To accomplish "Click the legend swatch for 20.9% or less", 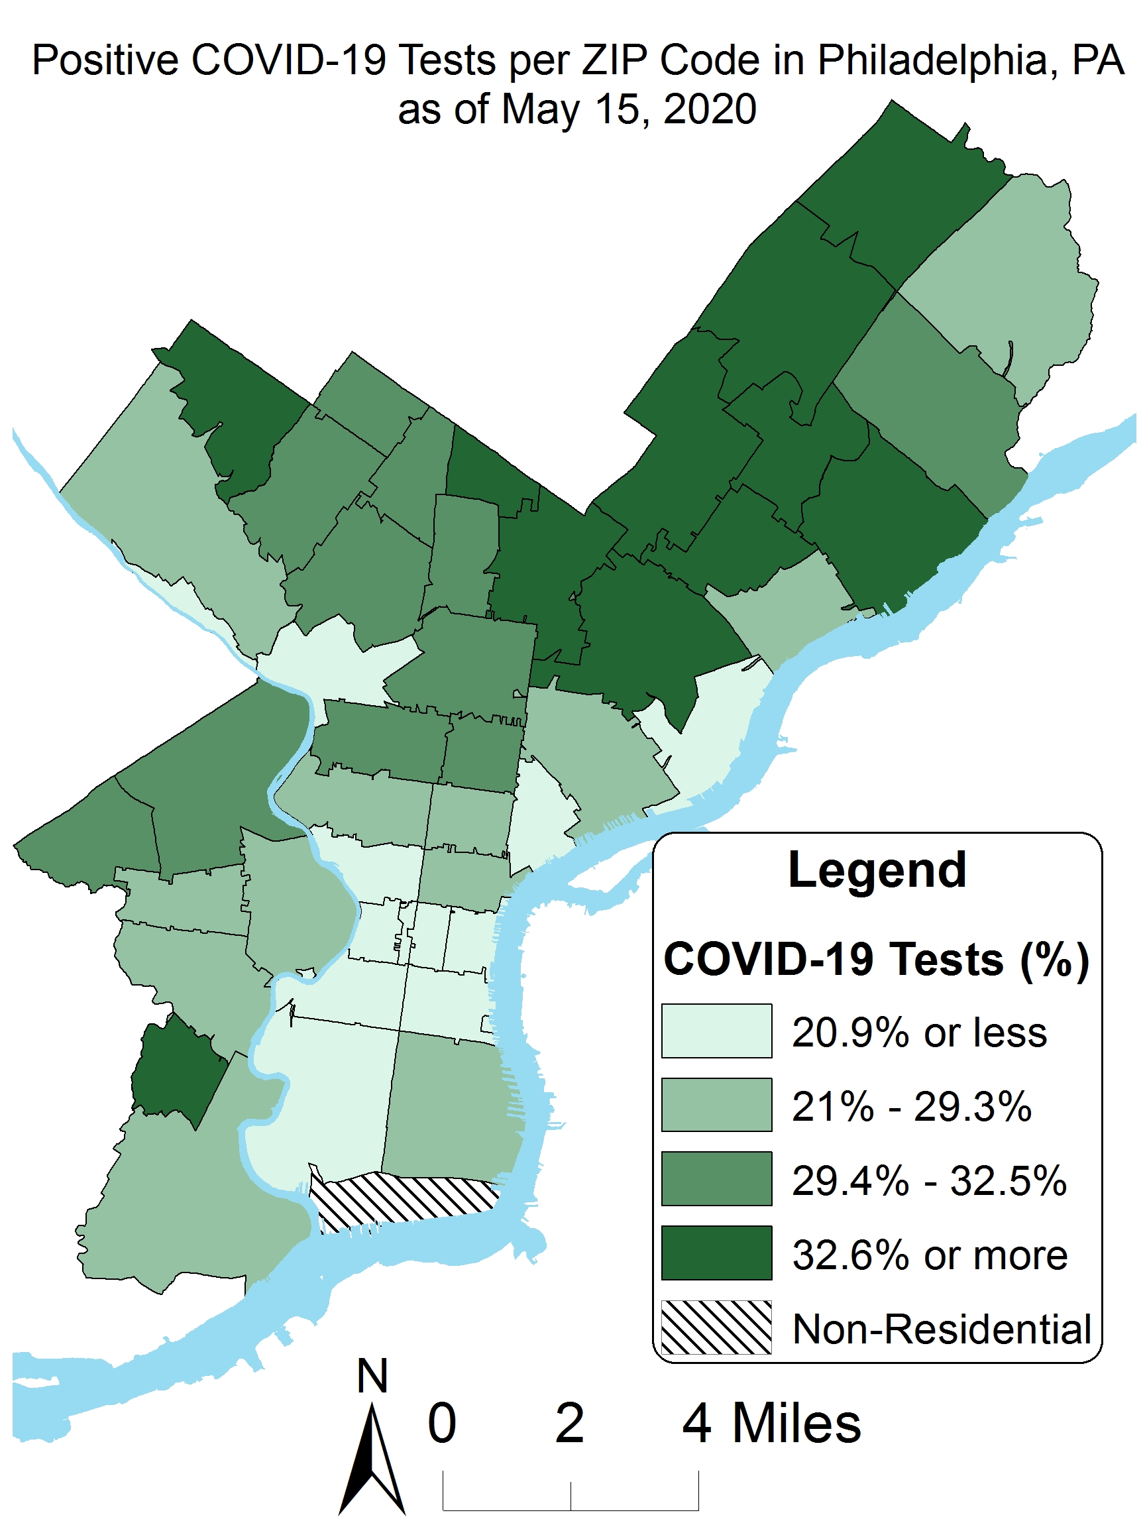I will point(716,1031).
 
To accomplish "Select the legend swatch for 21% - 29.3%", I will point(716,1105).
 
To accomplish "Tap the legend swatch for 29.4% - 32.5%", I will point(716,1178).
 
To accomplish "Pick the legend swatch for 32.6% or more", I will point(716,1252).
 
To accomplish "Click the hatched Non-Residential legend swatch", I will point(716,1327).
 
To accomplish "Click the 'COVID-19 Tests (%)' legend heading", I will point(876,960).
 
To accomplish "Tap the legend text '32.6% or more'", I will point(929,1255).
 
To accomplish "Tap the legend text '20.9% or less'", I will point(918,1033).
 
